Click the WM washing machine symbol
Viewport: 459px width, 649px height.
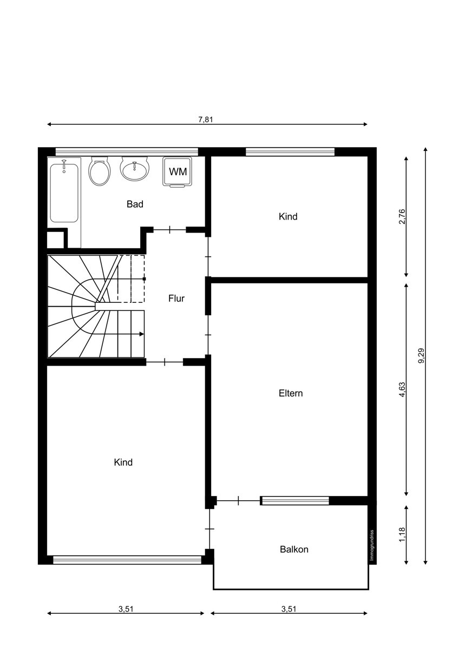click(x=178, y=172)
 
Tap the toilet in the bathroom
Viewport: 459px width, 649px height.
click(x=100, y=171)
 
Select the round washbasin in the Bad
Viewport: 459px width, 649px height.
click(x=135, y=169)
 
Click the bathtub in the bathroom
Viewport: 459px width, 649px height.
click(x=64, y=193)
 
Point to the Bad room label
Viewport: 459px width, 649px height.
click(x=135, y=204)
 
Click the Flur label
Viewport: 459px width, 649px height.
click(x=176, y=299)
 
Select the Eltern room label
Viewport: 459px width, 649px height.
click(x=291, y=393)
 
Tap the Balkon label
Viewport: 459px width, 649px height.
click(x=294, y=549)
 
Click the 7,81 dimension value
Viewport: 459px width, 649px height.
click(x=206, y=120)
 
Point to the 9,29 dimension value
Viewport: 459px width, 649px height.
click(x=421, y=355)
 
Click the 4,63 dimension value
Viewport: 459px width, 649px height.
click(x=402, y=390)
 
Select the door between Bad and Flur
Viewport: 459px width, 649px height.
click(x=169, y=230)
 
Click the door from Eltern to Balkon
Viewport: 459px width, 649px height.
click(x=238, y=500)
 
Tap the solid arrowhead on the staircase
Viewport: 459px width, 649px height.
click(x=141, y=334)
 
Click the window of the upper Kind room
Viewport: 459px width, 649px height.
click(x=290, y=151)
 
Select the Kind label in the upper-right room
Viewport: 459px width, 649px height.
click(x=288, y=216)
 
